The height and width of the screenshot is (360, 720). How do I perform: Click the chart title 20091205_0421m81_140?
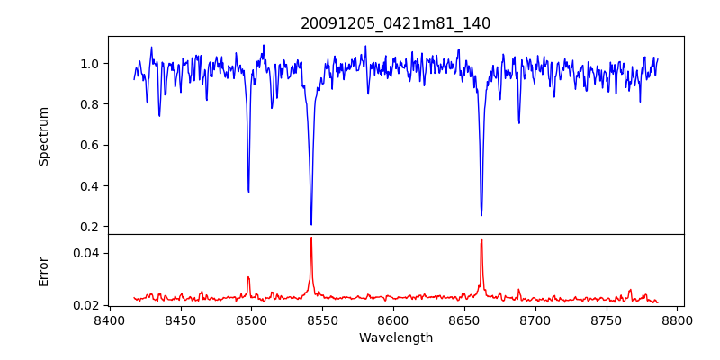395,23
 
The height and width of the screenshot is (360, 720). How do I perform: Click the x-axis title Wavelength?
395,337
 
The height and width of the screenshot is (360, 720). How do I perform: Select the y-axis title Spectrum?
43,136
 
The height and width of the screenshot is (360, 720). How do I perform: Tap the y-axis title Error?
43,270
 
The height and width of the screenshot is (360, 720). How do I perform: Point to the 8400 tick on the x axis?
109,319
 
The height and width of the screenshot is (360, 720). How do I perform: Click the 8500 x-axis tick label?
251,319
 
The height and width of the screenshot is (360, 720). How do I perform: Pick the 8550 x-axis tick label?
322,319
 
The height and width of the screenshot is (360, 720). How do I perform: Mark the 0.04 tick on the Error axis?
85,253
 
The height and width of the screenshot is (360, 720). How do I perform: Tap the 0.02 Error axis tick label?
85,305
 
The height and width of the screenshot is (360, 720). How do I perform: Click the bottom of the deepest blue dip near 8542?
311,224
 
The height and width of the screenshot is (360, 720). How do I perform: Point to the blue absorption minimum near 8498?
248,191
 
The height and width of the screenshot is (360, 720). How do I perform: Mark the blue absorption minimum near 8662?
481,215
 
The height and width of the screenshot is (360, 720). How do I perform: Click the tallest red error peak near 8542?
311,238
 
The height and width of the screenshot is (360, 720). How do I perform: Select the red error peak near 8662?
481,240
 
